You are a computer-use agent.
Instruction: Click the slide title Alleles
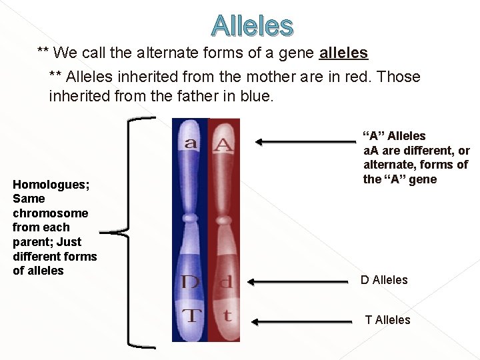[x=252, y=25]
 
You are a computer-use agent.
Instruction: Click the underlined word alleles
[x=344, y=52]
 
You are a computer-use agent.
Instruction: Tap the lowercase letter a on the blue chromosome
[x=190, y=143]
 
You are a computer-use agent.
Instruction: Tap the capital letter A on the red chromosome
[x=223, y=143]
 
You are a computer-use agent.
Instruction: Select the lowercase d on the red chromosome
[x=226, y=282]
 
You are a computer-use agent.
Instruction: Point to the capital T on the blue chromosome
[x=191, y=315]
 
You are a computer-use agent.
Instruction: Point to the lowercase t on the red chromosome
[x=227, y=315]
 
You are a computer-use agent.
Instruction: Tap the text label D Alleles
[x=384, y=280]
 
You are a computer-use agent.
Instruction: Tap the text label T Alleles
[x=387, y=320]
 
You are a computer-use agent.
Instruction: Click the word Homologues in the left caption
[x=47, y=184]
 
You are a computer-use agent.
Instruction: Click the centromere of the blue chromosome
[x=191, y=217]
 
